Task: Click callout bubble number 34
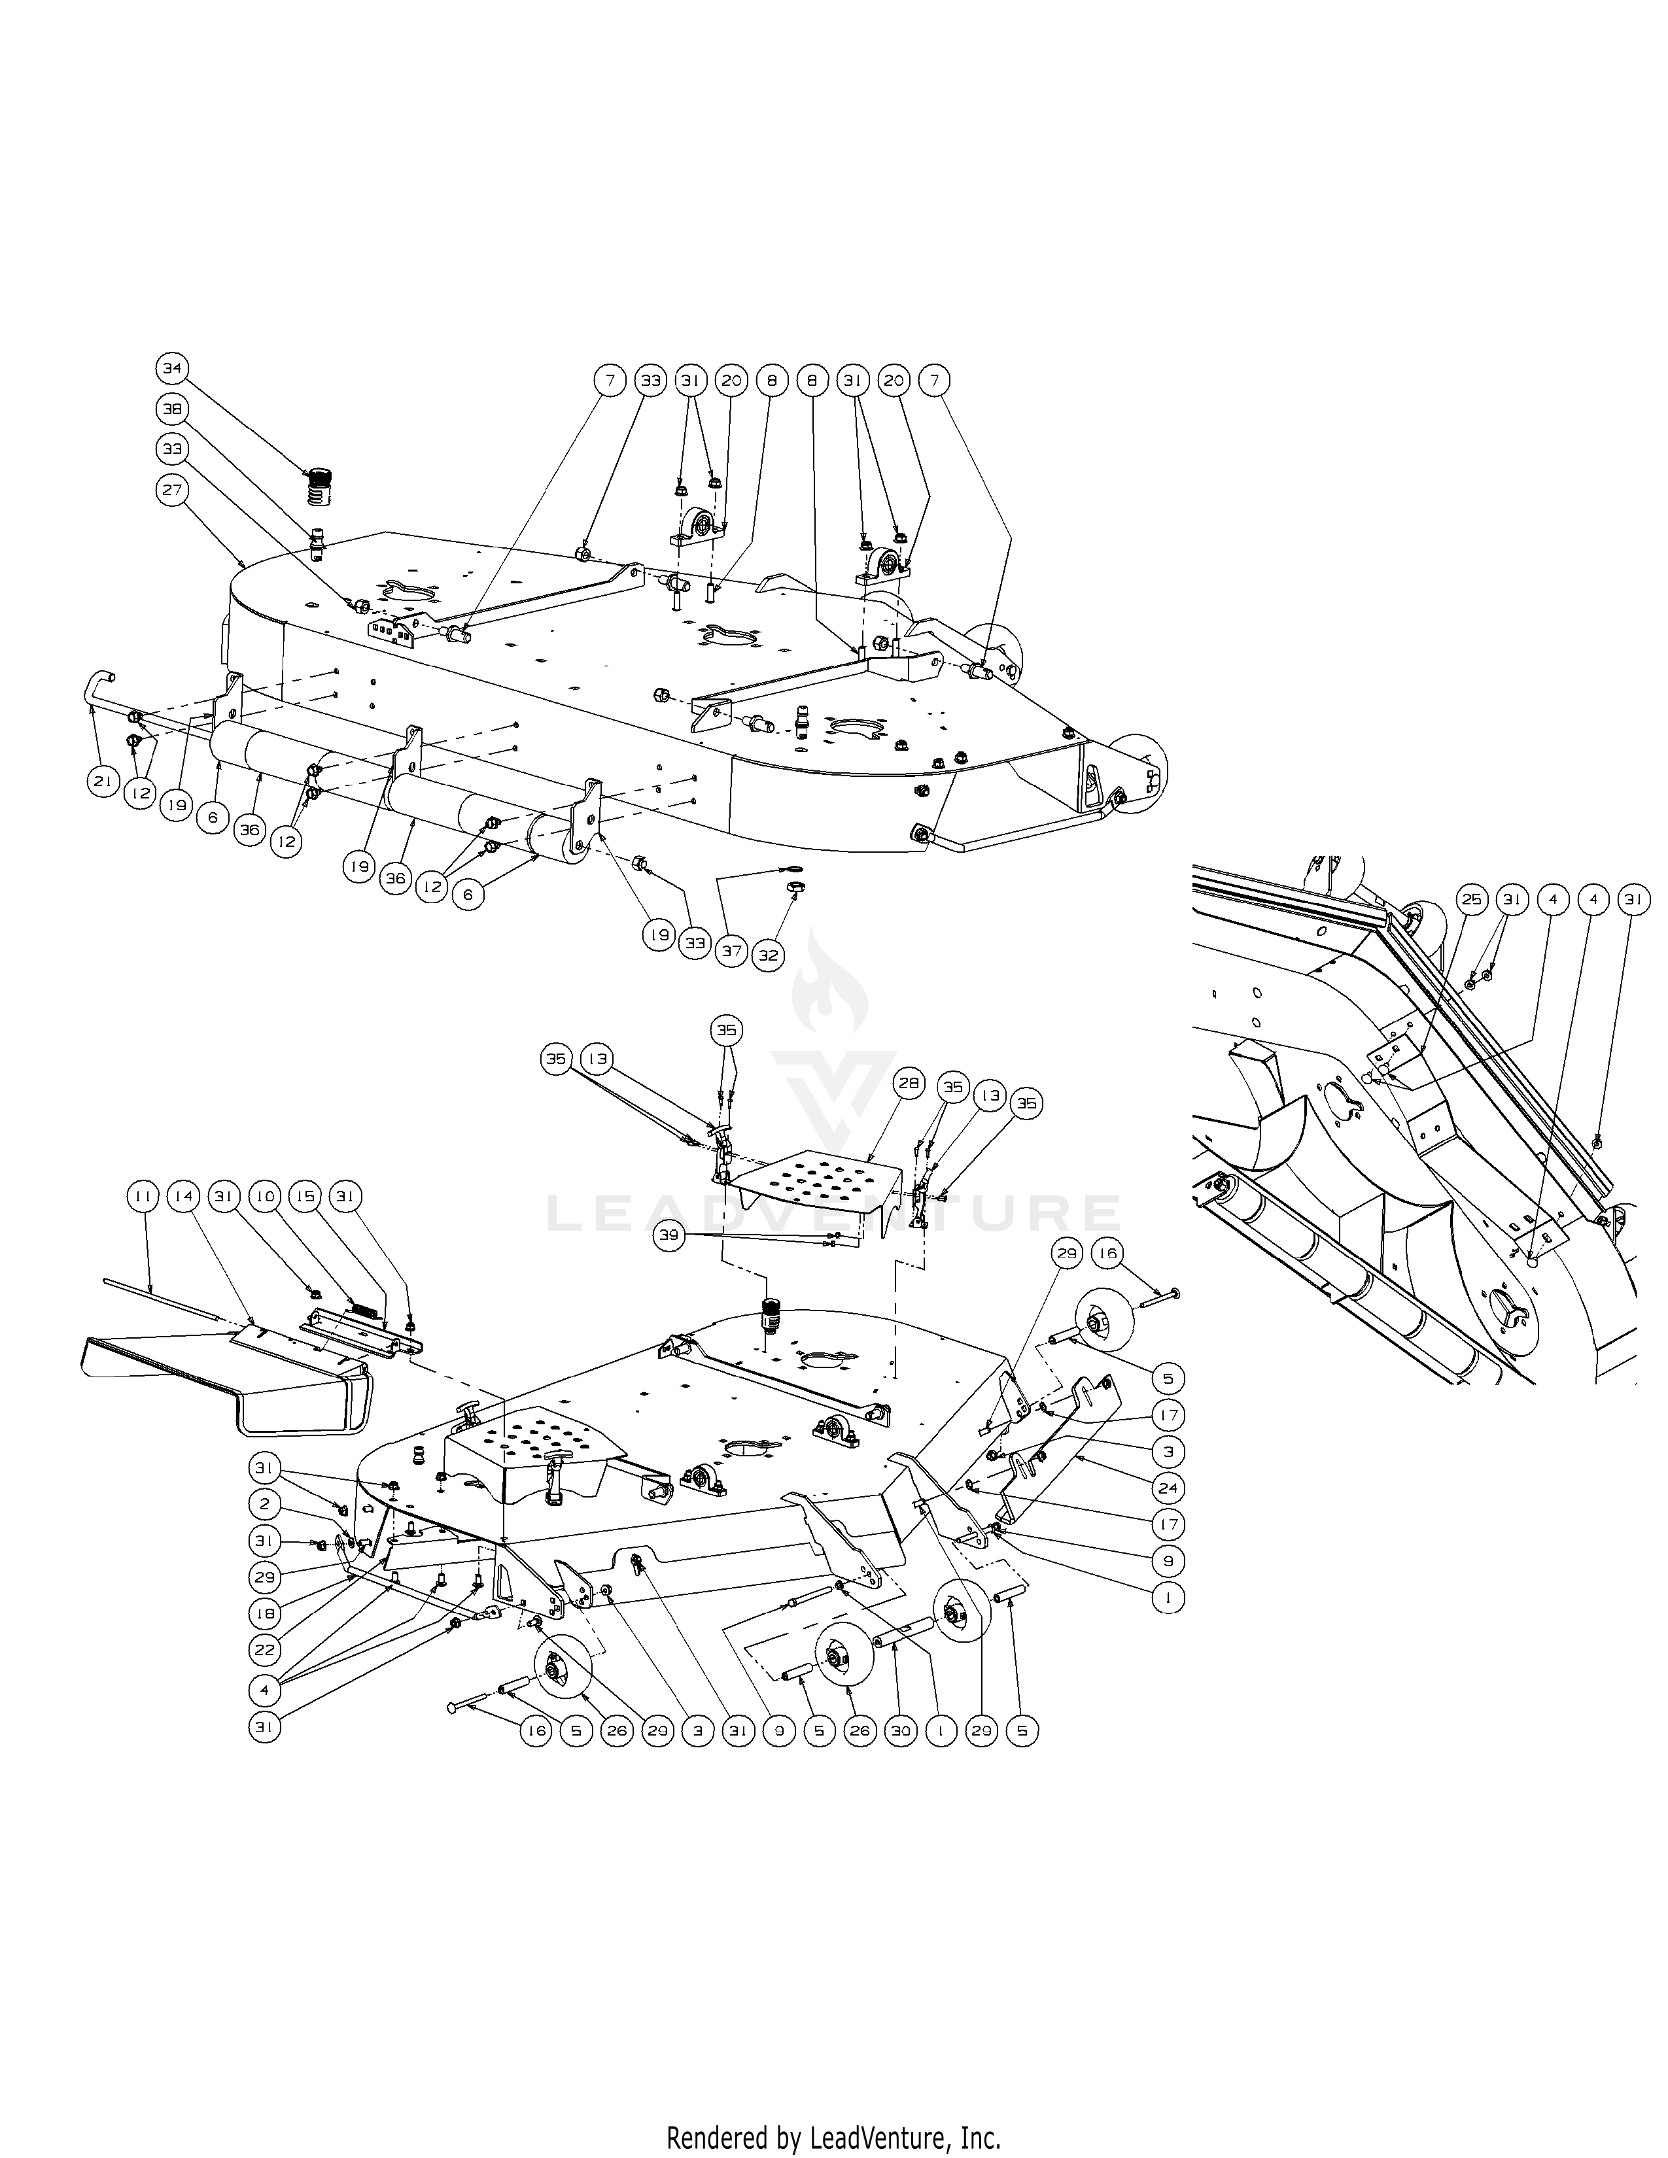tap(172, 369)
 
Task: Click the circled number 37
tap(731, 951)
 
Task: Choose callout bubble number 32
tap(768, 955)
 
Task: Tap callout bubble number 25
tap(1472, 900)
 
